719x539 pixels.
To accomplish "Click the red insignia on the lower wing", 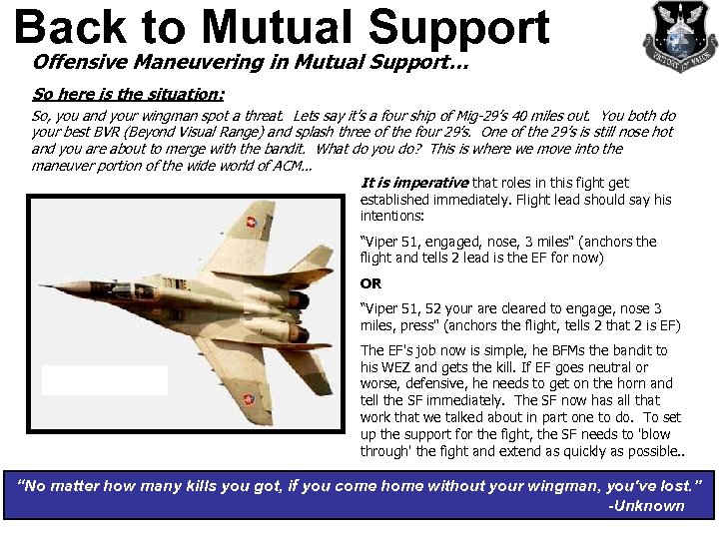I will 247,401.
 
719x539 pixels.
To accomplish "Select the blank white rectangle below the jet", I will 105,380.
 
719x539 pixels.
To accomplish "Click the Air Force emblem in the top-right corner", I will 678,36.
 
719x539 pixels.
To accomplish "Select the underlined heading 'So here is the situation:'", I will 128,95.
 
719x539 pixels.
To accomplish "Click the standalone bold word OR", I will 370,283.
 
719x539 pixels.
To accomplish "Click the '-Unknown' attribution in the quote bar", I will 646,505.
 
